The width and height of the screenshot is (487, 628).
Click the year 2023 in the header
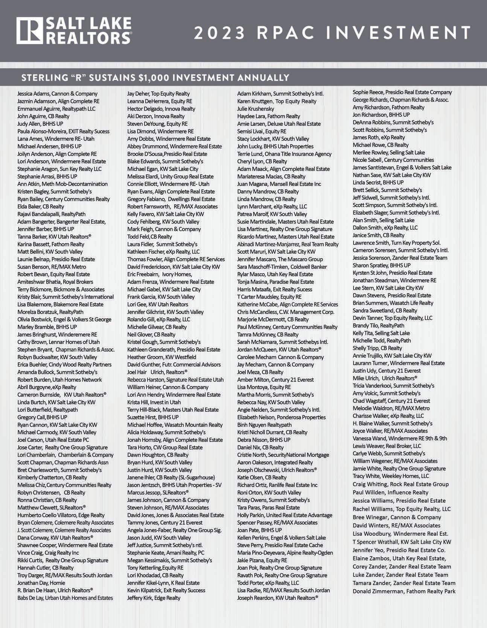click(219, 33)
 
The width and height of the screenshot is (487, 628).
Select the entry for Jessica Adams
click(57, 94)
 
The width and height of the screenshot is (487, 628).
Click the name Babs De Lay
click(65, 598)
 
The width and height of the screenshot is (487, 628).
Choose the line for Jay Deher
click(158, 94)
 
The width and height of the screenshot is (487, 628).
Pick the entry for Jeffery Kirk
click(154, 598)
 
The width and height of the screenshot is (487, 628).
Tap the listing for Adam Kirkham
click(280, 94)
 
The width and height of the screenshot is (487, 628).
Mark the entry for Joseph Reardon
click(278, 598)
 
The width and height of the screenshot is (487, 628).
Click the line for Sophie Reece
click(402, 92)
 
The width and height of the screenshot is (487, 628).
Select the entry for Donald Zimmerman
click(404, 591)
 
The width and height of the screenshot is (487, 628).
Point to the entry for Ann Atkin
click(62, 184)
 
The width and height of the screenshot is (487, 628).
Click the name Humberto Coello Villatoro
click(61, 515)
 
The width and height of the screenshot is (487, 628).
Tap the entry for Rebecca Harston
click(175, 380)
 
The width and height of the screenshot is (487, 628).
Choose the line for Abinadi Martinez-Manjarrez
click(288, 244)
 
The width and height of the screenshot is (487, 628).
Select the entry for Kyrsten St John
click(392, 273)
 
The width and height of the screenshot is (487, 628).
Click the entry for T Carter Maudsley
click(269, 297)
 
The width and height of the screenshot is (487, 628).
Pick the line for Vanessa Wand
click(400, 438)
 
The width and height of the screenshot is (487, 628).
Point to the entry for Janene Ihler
click(171, 477)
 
